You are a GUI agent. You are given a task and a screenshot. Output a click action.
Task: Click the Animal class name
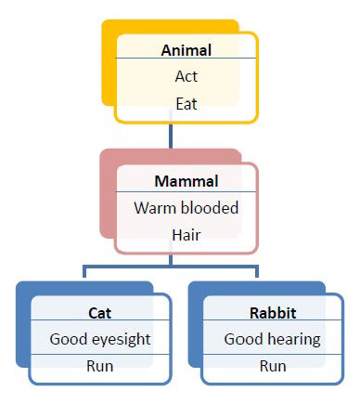[x=186, y=51]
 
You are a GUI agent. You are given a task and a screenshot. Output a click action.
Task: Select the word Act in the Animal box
[x=186, y=76]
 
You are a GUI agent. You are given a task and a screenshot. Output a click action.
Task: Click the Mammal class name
[x=186, y=181]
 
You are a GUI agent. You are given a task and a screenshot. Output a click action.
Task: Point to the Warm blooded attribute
[x=186, y=208]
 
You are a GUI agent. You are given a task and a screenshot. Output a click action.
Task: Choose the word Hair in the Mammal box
[x=186, y=235]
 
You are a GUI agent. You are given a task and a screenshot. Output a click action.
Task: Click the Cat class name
[x=100, y=312]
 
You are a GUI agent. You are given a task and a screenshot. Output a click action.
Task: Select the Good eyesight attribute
[x=100, y=339]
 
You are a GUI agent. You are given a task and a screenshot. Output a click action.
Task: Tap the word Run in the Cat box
[x=100, y=366]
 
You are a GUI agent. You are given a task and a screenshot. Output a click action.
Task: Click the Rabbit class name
[x=272, y=312]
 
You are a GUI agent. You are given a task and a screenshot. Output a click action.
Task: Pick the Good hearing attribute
[x=272, y=339]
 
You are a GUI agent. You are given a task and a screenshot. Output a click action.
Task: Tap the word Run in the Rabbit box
[x=272, y=366]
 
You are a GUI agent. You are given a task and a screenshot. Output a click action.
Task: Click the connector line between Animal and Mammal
[x=170, y=136]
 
